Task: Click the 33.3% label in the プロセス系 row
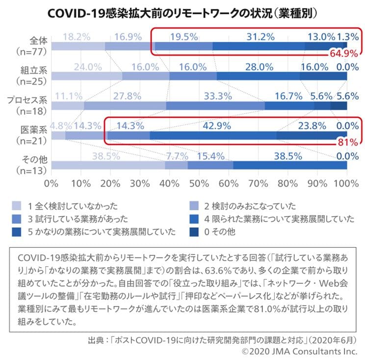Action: (218, 96)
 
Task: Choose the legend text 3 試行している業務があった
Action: (74, 219)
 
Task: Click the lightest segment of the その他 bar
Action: (108, 165)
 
